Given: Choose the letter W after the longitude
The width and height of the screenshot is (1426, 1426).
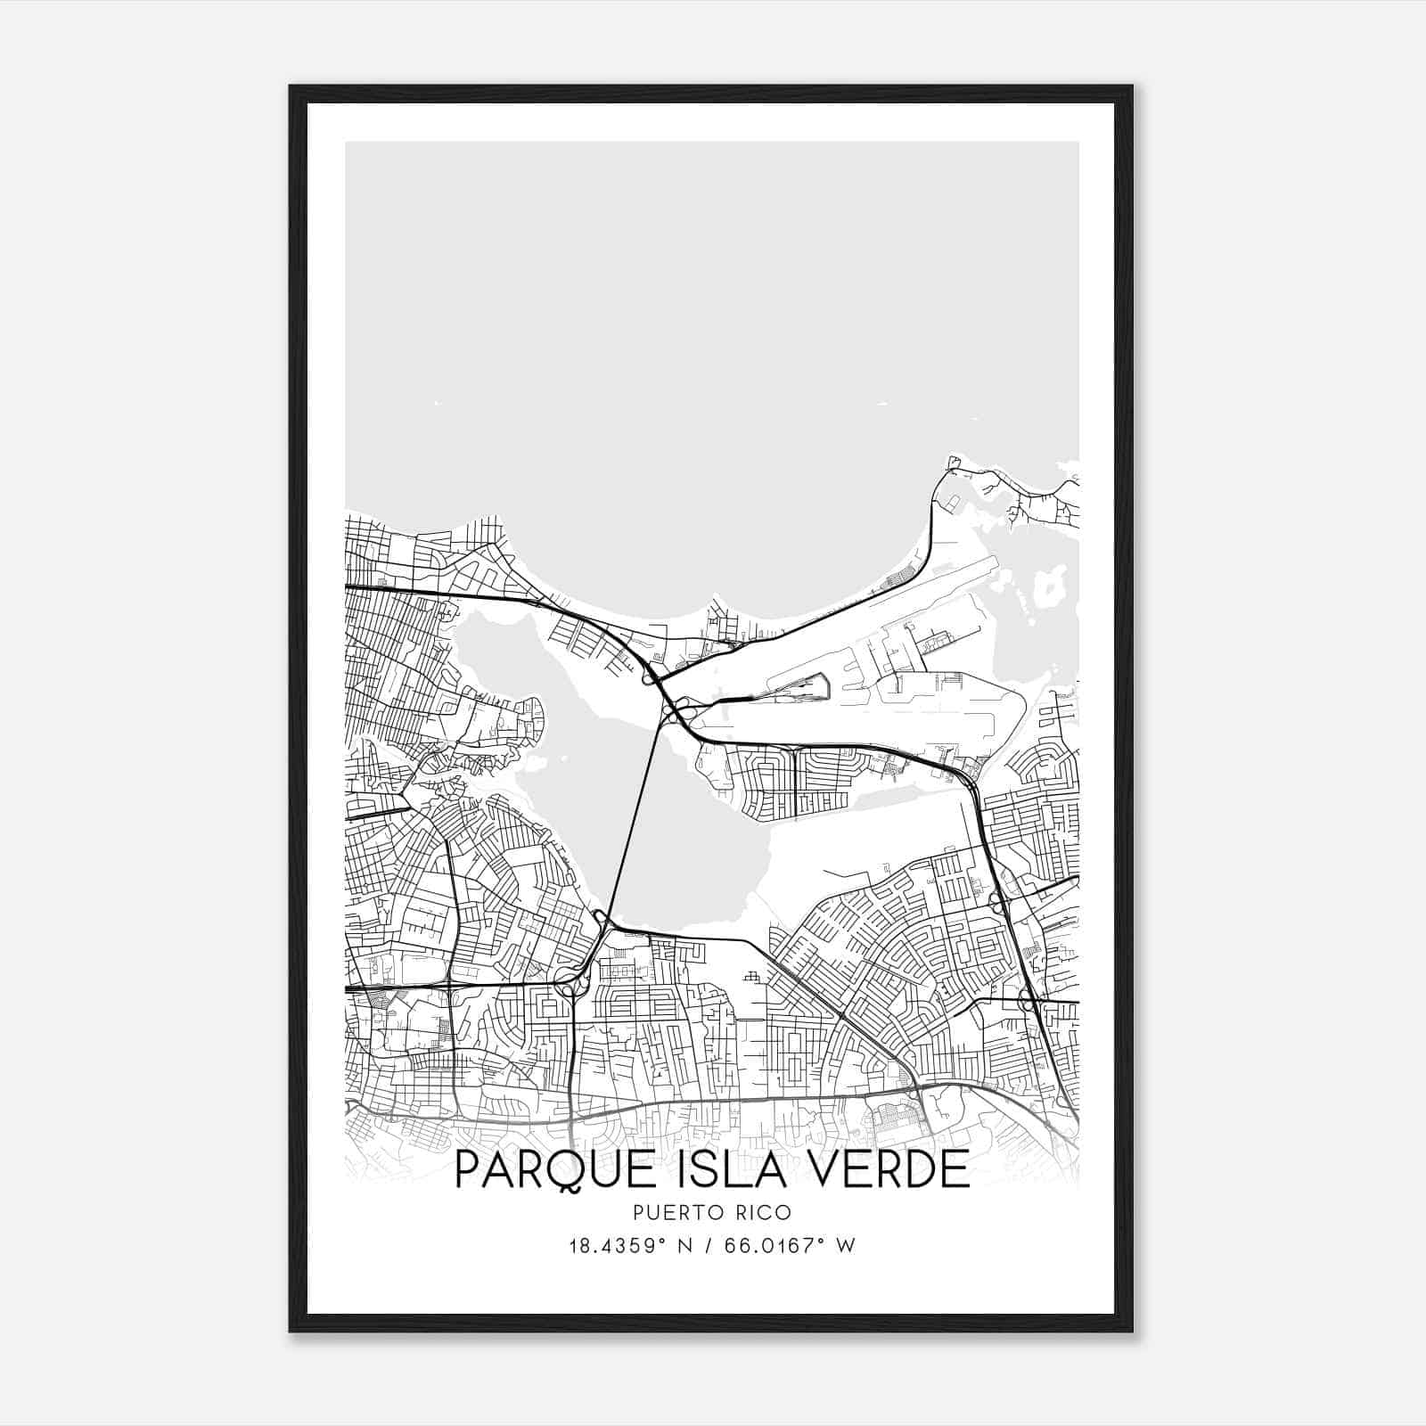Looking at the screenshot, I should (847, 1246).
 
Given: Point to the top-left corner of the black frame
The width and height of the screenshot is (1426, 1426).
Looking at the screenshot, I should (291, 87).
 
